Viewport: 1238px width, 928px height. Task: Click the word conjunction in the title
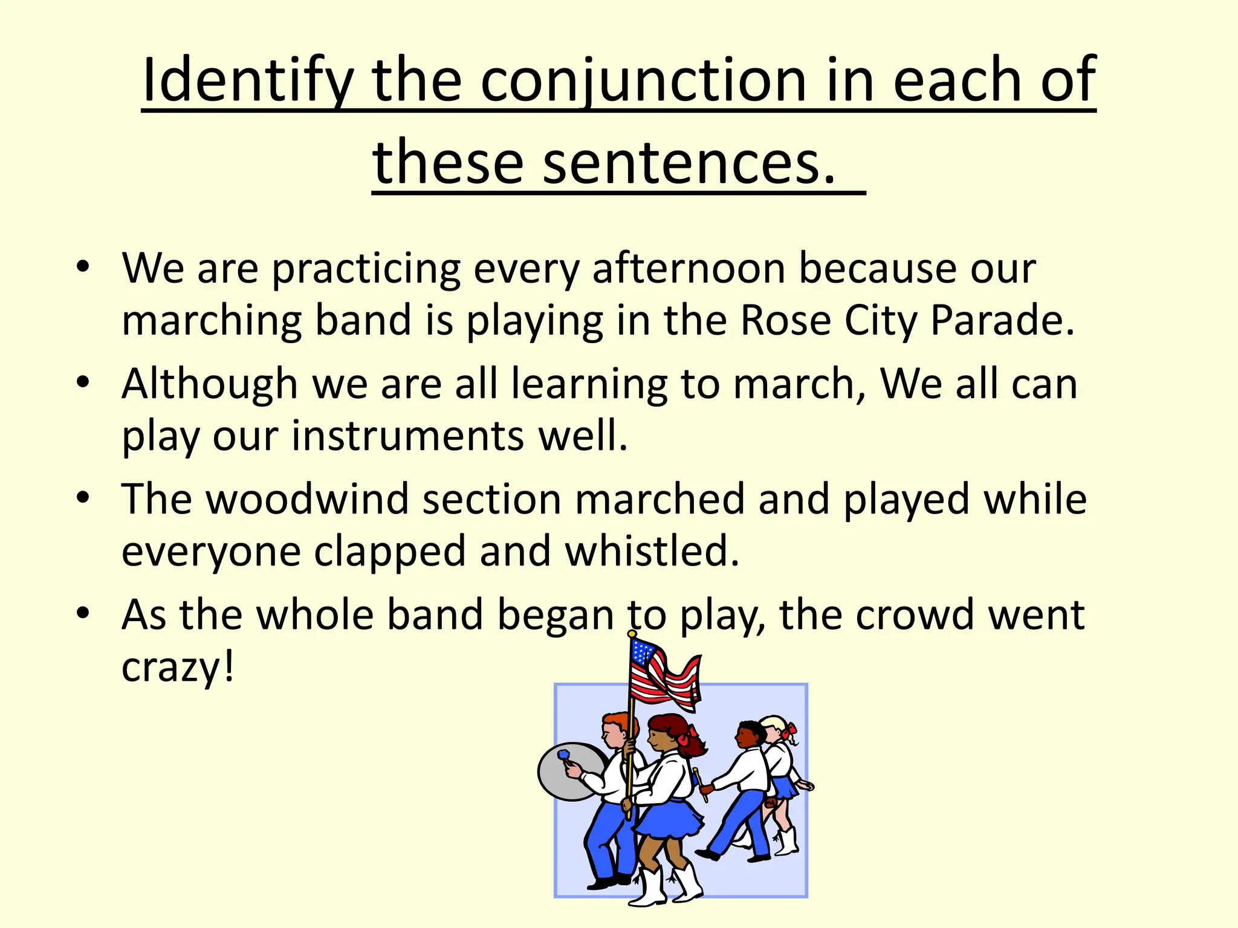coord(643,80)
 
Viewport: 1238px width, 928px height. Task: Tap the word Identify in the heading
coord(248,80)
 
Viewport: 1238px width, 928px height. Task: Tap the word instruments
coord(408,436)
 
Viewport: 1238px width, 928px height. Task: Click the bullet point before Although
coord(83,382)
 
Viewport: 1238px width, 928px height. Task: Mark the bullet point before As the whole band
coord(83,613)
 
